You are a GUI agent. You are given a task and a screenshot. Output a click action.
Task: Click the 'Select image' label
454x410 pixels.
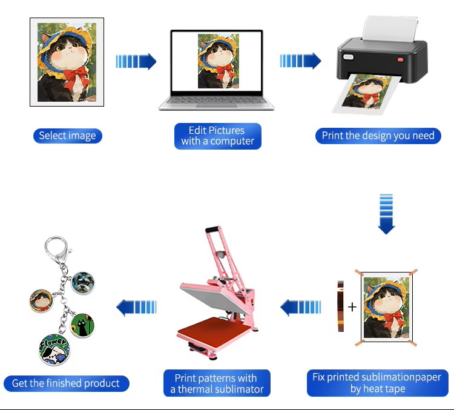(x=67, y=136)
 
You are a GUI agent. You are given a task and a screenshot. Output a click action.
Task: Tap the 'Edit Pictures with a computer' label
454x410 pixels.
(x=218, y=136)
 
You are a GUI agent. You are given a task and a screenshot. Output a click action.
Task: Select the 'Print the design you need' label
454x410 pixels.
(x=378, y=136)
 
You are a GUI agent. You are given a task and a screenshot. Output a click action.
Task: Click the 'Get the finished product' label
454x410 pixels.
(x=67, y=383)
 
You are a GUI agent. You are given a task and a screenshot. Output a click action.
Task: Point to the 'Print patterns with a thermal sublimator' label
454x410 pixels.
(x=217, y=383)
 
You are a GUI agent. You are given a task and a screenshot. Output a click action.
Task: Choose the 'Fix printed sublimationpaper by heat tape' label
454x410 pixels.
(x=378, y=383)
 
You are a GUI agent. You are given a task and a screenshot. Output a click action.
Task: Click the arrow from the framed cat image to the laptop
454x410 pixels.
(x=136, y=61)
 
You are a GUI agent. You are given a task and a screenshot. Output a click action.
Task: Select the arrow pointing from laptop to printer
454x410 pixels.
(x=300, y=61)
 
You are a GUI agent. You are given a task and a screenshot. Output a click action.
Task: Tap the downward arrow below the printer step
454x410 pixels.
(x=386, y=214)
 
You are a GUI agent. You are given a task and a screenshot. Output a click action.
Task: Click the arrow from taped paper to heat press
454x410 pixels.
(x=300, y=308)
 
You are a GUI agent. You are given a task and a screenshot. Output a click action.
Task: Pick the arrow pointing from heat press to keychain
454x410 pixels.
(x=136, y=308)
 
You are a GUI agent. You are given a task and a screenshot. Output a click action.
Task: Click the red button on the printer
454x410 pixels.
(x=400, y=60)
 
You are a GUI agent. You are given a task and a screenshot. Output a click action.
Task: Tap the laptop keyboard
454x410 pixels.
(x=216, y=101)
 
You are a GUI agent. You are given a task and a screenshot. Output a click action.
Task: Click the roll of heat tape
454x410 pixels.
(x=340, y=306)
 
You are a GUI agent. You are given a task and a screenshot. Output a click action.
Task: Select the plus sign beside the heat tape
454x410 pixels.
(x=352, y=307)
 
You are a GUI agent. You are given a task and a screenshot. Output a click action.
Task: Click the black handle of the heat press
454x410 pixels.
(x=212, y=229)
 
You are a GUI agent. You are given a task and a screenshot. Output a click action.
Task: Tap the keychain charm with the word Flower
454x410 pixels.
(x=54, y=349)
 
